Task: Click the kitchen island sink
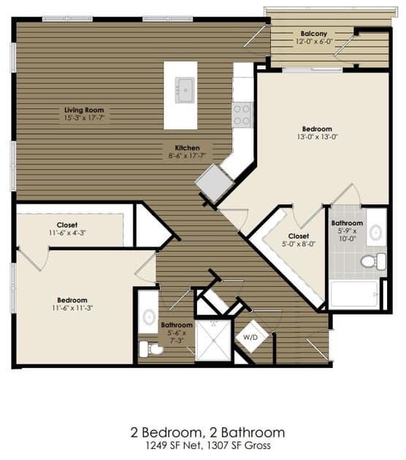pyautogui.click(x=185, y=90)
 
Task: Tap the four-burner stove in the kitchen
pyautogui.click(x=242, y=115)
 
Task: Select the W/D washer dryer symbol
pyautogui.click(x=251, y=337)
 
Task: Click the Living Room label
pyautogui.click(x=84, y=110)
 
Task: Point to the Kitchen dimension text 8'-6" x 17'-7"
pyautogui.click(x=186, y=156)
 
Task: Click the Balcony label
pyautogui.click(x=313, y=34)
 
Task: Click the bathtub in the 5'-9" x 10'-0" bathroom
pyautogui.click(x=354, y=294)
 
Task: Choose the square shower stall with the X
pyautogui.click(x=213, y=340)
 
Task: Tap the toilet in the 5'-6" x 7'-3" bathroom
pyautogui.click(x=150, y=349)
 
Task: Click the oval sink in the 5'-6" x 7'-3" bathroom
pyautogui.click(x=149, y=318)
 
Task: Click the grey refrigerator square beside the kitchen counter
pyautogui.click(x=215, y=183)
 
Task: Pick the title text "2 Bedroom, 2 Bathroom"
pyautogui.click(x=207, y=433)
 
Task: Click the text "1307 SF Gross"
pyautogui.click(x=239, y=445)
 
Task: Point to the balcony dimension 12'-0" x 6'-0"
pyautogui.click(x=314, y=42)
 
